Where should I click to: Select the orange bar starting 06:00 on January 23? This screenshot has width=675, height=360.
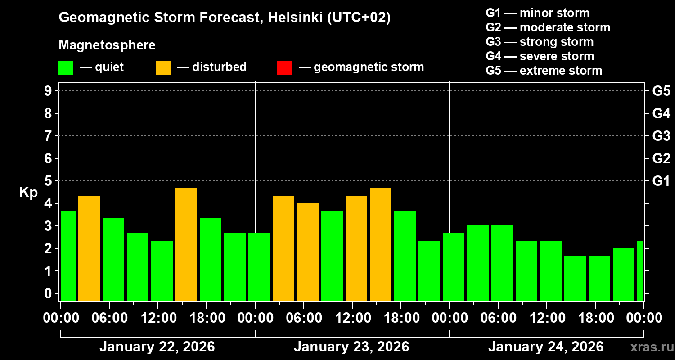coord(308,252)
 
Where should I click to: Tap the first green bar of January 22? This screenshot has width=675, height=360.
coord(68,255)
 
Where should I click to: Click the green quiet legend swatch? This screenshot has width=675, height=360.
coord(66,68)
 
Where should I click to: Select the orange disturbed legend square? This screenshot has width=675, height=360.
coord(163,68)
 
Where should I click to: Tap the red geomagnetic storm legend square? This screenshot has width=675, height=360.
coord(284,68)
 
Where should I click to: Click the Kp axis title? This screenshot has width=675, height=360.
coord(28,193)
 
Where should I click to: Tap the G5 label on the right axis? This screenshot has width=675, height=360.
coord(661,91)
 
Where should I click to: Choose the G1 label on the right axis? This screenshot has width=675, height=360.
coord(661,181)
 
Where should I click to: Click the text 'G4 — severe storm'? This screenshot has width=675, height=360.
coord(540,56)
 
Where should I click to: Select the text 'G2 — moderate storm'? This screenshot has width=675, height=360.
coord(548,27)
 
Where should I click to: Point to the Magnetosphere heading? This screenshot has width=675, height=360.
coord(107,45)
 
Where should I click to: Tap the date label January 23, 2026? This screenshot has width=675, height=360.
coord(351,347)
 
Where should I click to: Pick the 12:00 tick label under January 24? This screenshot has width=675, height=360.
coord(546,318)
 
